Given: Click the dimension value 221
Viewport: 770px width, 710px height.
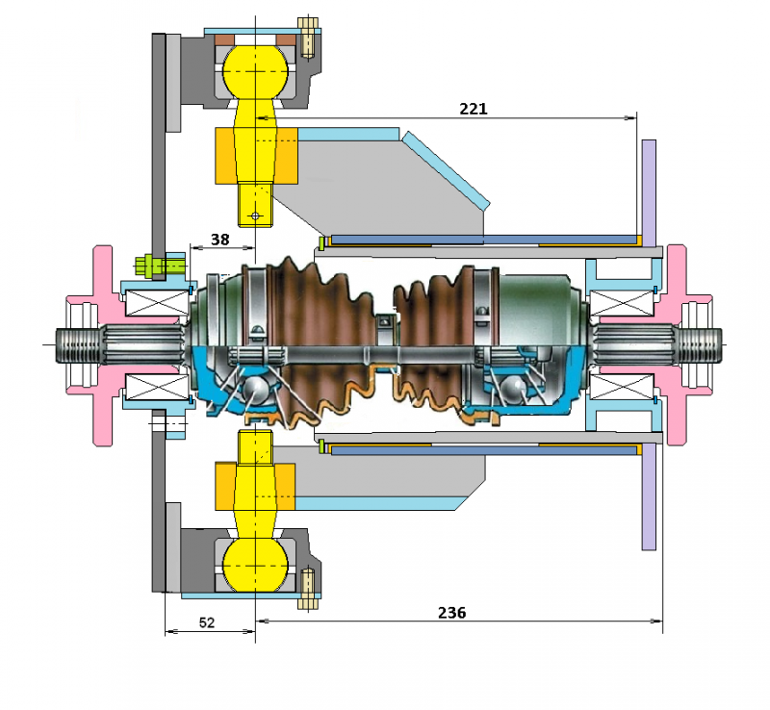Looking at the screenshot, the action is [x=473, y=109].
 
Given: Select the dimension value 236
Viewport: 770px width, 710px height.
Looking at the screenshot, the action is [x=451, y=613].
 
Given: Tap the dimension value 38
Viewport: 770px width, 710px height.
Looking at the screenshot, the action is [x=220, y=240].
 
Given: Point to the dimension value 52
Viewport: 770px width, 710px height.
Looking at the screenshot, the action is [x=207, y=622].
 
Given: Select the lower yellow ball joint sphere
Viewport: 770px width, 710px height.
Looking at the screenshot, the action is [x=255, y=565].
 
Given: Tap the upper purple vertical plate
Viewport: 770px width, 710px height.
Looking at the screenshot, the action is [x=649, y=193].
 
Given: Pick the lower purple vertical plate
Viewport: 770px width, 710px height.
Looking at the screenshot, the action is [x=649, y=496].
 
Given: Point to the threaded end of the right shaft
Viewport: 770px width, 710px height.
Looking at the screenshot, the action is [x=699, y=344].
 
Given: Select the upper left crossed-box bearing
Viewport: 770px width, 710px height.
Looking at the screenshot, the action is [x=157, y=302].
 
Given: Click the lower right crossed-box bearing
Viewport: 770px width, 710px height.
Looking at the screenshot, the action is [x=621, y=387].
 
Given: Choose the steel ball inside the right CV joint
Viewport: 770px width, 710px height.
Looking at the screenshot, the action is [x=514, y=388].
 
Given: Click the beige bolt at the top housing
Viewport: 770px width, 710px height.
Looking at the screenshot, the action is [x=307, y=38].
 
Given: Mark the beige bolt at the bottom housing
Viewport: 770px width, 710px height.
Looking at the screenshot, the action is [x=307, y=589].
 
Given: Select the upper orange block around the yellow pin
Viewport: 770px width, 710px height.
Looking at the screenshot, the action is [x=256, y=156].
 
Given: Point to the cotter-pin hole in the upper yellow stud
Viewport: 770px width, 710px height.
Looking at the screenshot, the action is [x=254, y=216].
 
